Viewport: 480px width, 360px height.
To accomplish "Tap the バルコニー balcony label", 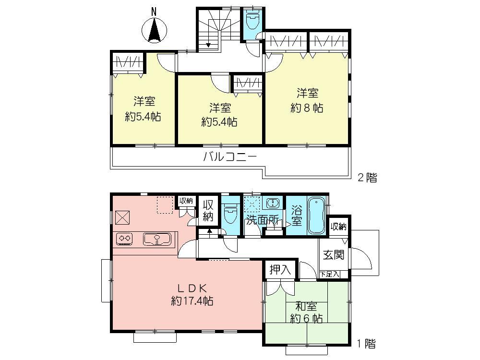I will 230,157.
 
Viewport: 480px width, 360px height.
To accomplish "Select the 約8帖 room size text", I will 306,107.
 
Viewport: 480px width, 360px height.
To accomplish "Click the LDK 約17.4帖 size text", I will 192,301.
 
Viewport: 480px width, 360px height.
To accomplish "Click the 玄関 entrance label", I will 333,255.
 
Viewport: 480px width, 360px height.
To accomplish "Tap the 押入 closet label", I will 280,270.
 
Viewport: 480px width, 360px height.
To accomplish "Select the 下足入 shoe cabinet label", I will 330,275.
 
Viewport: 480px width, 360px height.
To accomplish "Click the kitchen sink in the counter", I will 158,238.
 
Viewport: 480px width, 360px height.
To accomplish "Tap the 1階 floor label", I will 365,344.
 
